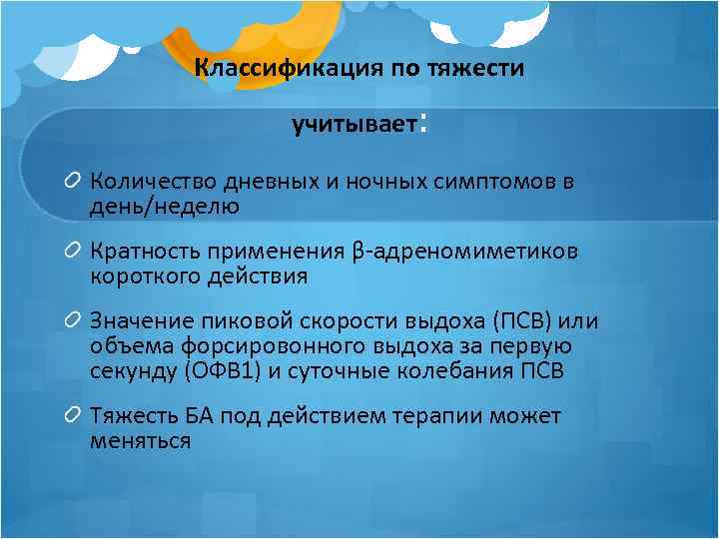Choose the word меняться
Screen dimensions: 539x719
click(140, 439)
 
